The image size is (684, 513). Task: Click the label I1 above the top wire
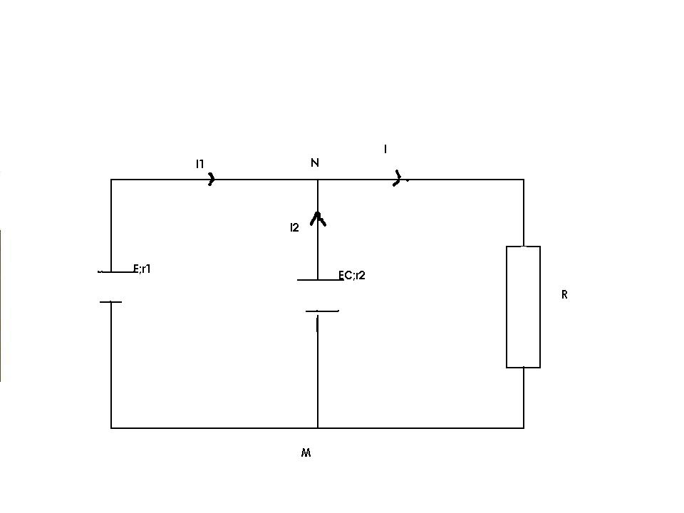click(199, 164)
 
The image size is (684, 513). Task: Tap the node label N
click(314, 162)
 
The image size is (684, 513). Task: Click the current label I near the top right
click(385, 149)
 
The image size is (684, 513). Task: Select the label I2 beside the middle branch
click(294, 227)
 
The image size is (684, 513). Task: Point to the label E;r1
click(142, 269)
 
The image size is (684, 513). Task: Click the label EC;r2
click(352, 275)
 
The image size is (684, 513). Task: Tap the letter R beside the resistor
click(564, 295)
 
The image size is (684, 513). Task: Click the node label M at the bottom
click(306, 453)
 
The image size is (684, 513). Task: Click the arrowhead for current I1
click(212, 179)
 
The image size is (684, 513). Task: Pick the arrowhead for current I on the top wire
click(398, 178)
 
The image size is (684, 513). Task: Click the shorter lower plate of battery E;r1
click(111, 302)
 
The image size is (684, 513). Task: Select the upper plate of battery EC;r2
click(320, 279)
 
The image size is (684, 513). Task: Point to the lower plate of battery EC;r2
click(322, 311)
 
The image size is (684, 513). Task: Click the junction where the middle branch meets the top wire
click(318, 180)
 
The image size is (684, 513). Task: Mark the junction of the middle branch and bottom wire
click(318, 428)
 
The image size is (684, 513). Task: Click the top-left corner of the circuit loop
click(111, 180)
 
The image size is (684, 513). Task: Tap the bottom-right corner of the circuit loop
click(524, 428)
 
